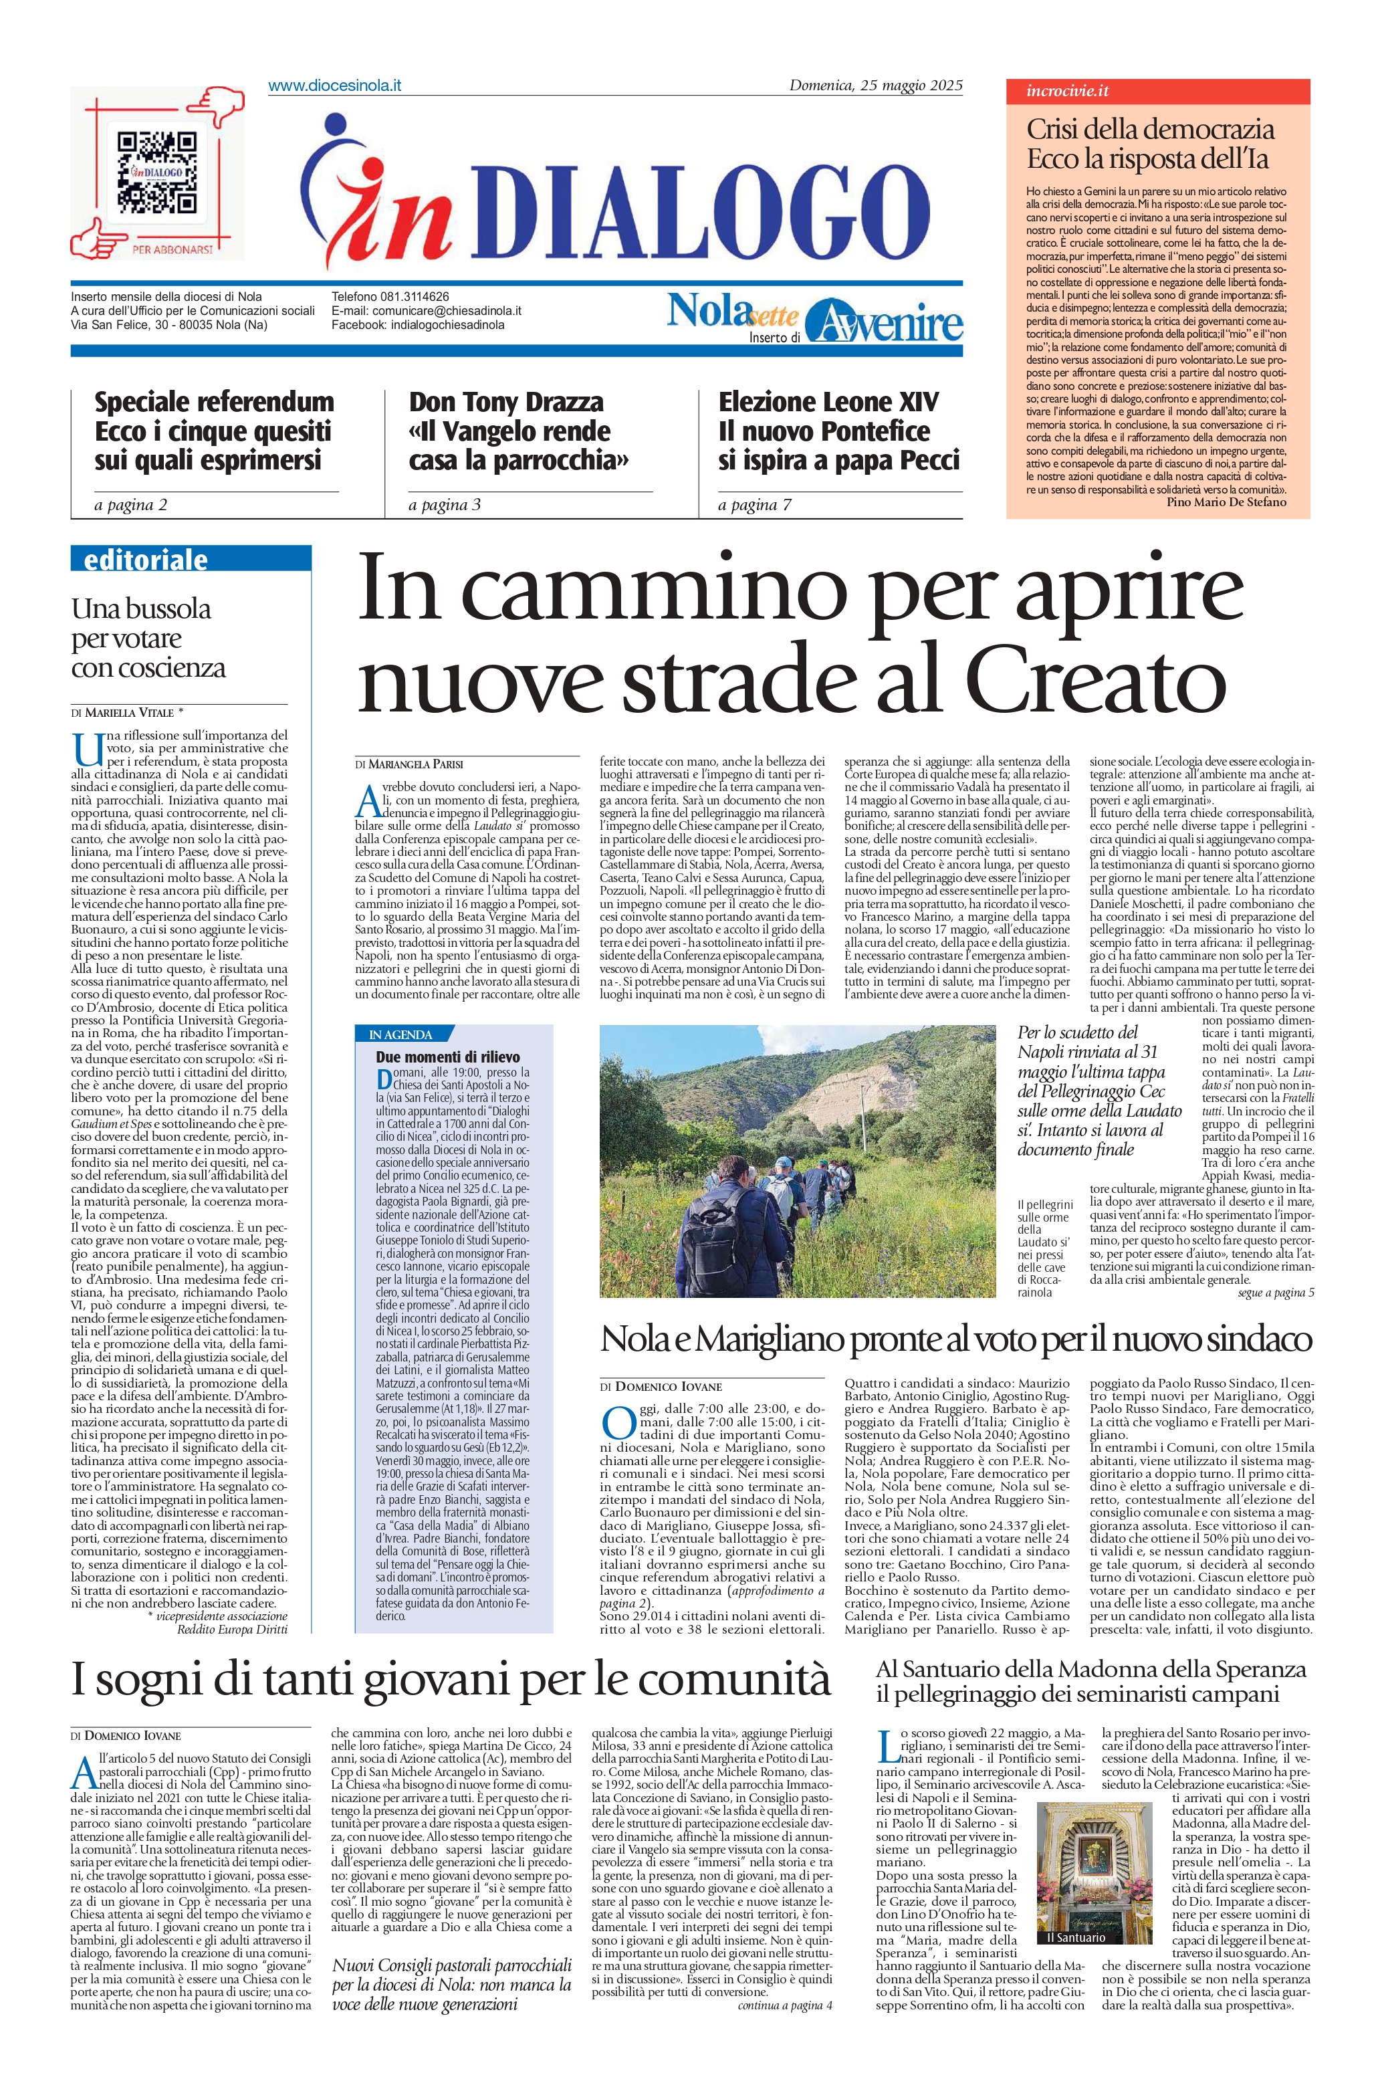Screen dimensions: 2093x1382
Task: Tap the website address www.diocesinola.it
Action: (x=334, y=86)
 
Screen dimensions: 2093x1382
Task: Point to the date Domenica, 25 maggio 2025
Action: (x=875, y=86)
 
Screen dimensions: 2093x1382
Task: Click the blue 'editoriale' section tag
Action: (x=146, y=560)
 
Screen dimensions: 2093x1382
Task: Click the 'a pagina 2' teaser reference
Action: (x=130, y=505)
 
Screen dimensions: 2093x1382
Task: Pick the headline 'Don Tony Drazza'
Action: (x=506, y=403)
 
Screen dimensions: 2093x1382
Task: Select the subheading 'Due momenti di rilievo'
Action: (x=448, y=1057)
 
